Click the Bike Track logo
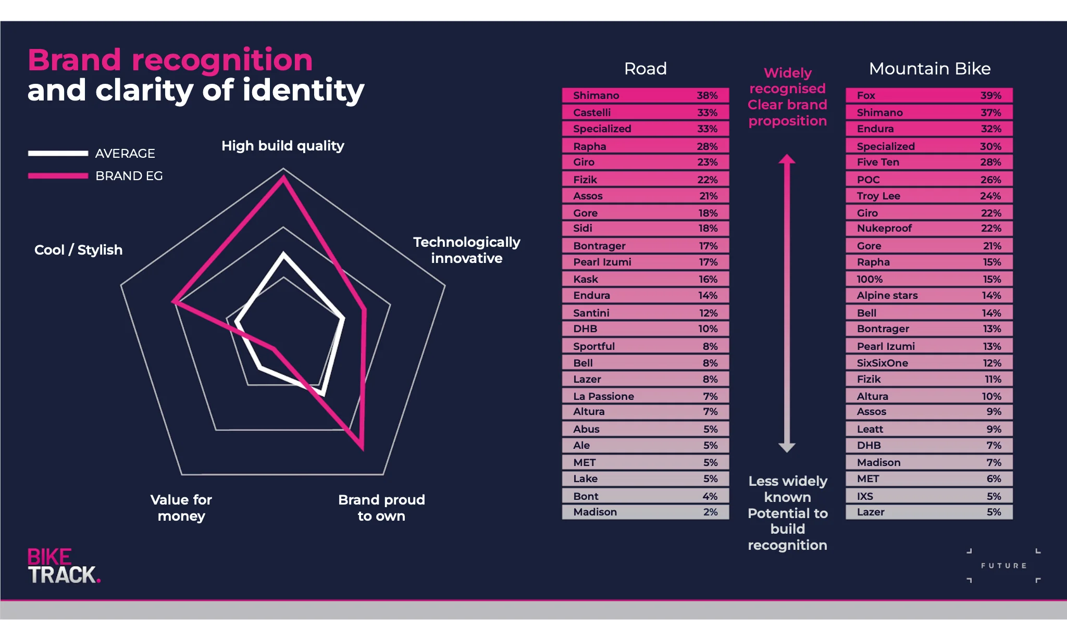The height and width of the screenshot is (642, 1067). click(64, 566)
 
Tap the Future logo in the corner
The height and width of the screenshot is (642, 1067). click(1003, 565)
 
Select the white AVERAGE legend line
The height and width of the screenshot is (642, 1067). click(58, 153)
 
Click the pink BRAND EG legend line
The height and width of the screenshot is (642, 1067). click(58, 176)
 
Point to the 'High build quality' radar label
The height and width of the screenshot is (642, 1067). click(282, 146)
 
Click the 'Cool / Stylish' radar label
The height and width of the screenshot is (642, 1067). click(78, 250)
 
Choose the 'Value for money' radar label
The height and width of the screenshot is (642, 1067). click(181, 508)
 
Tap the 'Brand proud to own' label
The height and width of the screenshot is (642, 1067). click(381, 508)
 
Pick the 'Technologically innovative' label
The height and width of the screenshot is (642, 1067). click(466, 250)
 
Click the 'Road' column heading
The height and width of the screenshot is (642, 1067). click(645, 69)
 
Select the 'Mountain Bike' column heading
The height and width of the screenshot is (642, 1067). click(929, 69)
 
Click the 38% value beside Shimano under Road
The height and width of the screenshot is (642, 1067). click(707, 95)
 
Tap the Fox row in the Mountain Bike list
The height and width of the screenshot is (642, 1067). click(929, 95)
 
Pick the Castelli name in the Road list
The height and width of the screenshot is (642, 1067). click(592, 112)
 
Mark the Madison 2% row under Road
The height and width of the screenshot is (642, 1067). click(645, 512)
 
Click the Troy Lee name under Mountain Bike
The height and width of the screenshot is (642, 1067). click(878, 196)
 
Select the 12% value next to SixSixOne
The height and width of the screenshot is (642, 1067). click(991, 363)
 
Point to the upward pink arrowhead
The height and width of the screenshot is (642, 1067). click(787, 159)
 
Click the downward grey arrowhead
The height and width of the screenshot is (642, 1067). click(787, 447)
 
